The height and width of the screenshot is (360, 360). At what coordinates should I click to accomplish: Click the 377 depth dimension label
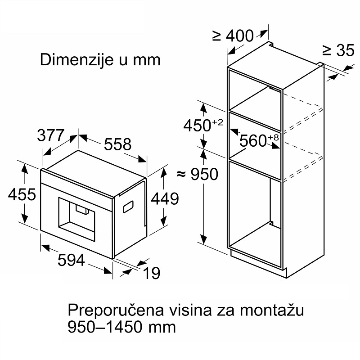pyautogui.click(x=50, y=135)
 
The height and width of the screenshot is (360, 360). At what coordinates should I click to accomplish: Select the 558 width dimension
pyautogui.click(x=118, y=144)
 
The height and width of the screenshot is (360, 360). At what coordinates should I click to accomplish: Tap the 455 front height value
pyautogui.click(x=22, y=194)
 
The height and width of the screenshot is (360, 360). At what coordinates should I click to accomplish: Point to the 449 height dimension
pyautogui.click(x=165, y=198)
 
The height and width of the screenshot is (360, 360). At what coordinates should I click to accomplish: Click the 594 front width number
pyautogui.click(x=71, y=261)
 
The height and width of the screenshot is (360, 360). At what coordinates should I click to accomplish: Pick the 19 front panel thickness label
pyautogui.click(x=151, y=273)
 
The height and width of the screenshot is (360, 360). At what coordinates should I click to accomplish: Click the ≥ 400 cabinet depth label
pyautogui.click(x=233, y=36)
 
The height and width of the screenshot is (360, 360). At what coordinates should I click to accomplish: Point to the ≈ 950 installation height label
pyautogui.click(x=197, y=174)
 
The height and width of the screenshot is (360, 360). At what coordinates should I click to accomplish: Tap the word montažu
pyautogui.click(x=272, y=310)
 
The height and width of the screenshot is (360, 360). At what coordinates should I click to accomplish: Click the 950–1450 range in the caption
pyautogui.click(x=107, y=327)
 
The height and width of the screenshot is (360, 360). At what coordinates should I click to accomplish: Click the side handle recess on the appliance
pyautogui.click(x=128, y=207)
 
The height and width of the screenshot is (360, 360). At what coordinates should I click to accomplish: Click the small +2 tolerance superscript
pyautogui.click(x=217, y=122)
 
